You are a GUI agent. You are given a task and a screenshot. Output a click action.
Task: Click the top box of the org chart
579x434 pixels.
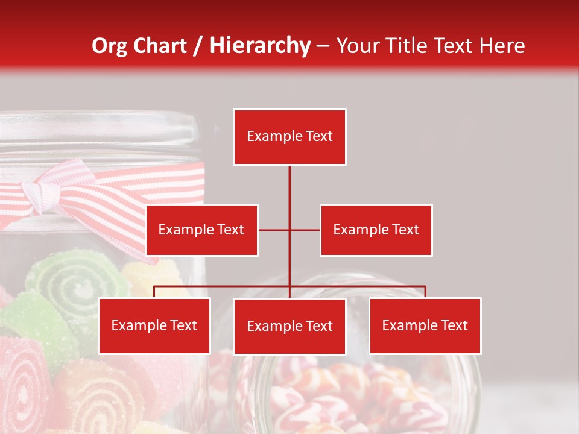click(289, 137)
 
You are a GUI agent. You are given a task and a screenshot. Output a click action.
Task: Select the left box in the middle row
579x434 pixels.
click(201, 230)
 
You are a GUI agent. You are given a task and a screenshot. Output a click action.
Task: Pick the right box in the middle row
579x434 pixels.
click(376, 230)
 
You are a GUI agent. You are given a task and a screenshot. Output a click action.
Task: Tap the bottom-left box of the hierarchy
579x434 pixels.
click(154, 325)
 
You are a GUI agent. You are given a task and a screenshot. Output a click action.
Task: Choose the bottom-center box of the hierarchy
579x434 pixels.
click(289, 326)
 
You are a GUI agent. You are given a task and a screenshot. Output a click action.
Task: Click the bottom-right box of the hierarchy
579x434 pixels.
click(425, 325)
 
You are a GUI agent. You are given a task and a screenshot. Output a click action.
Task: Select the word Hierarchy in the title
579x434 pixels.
click(260, 46)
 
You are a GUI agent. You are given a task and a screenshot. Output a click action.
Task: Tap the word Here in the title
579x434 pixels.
click(502, 46)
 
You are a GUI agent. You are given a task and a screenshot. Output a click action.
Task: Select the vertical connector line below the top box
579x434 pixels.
click(289, 187)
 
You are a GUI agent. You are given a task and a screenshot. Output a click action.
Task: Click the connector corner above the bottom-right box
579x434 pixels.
click(425, 287)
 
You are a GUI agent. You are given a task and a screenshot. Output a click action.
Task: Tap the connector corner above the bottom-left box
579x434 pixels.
click(154, 287)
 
